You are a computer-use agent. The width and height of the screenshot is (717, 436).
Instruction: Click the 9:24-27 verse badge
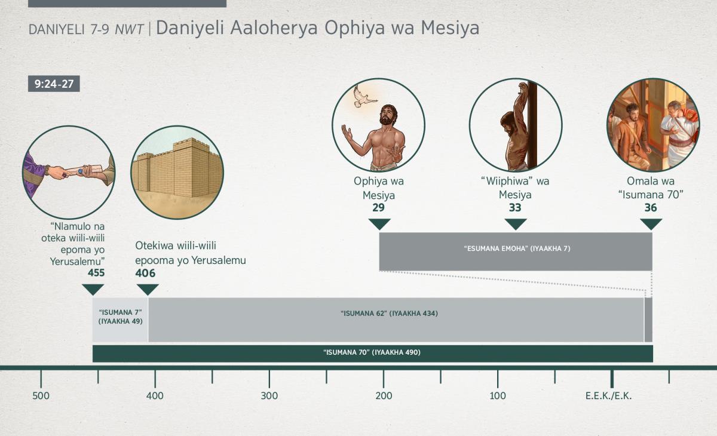point(54,84)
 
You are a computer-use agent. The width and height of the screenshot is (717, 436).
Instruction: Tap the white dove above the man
point(364,97)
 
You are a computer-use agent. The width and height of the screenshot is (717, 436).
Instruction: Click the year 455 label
point(96,273)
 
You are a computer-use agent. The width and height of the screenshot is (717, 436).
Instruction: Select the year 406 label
point(145,273)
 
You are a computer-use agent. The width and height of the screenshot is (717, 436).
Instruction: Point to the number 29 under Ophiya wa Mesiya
point(378,208)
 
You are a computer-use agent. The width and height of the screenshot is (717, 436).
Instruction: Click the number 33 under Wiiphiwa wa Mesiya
point(515,208)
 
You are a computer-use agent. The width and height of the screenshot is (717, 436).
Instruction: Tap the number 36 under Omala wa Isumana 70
point(651,208)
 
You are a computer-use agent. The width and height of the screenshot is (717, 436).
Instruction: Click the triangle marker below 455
point(93,290)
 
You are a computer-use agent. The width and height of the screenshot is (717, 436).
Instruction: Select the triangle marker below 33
point(516,224)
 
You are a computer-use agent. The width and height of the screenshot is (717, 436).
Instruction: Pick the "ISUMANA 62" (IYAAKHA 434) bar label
point(389,314)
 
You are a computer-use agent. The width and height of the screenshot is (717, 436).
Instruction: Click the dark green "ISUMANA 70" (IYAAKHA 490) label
point(372,352)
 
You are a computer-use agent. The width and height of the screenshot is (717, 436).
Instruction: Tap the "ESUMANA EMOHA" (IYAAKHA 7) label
point(517,248)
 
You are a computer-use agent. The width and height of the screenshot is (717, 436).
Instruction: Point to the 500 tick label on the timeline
point(41,396)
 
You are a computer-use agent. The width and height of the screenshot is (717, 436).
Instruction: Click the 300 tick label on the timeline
point(269,396)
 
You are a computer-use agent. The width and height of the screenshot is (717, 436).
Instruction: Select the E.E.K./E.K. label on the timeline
point(608,396)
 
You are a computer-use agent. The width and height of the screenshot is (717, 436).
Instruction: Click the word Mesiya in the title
point(450,27)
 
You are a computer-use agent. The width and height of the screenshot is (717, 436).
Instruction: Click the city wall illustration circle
point(177,173)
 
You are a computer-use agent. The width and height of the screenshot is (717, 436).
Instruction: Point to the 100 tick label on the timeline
point(498,396)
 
